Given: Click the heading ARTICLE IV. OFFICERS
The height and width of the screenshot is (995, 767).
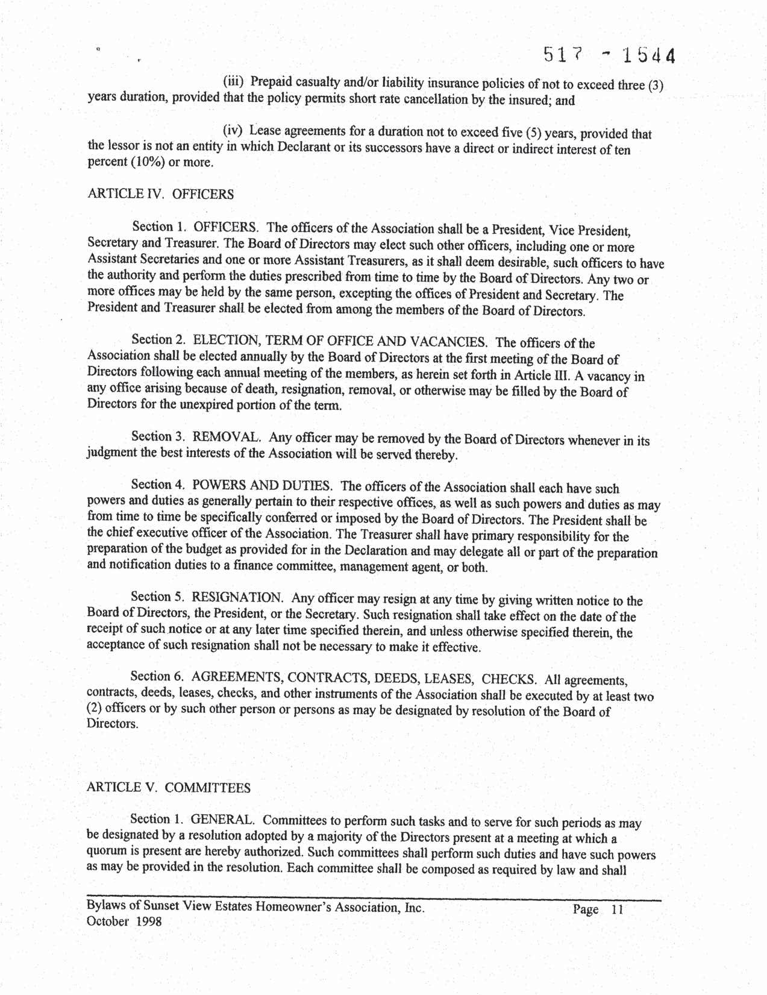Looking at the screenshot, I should (160, 194).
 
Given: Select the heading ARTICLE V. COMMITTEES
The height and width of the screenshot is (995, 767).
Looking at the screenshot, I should (169, 788).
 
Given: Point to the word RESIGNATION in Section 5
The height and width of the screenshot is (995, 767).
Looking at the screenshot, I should (237, 597).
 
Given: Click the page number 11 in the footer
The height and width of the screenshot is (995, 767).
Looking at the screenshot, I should (616, 909).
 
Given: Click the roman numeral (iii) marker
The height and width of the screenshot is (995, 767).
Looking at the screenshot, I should (233, 81).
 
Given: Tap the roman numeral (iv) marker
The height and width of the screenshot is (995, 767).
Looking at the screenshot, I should (233, 130).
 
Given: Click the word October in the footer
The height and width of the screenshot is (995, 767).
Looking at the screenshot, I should (108, 921).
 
